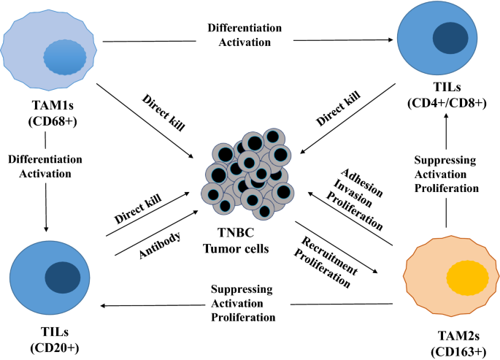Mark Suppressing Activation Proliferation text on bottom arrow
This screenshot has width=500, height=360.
pyautogui.click(x=242, y=303)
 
